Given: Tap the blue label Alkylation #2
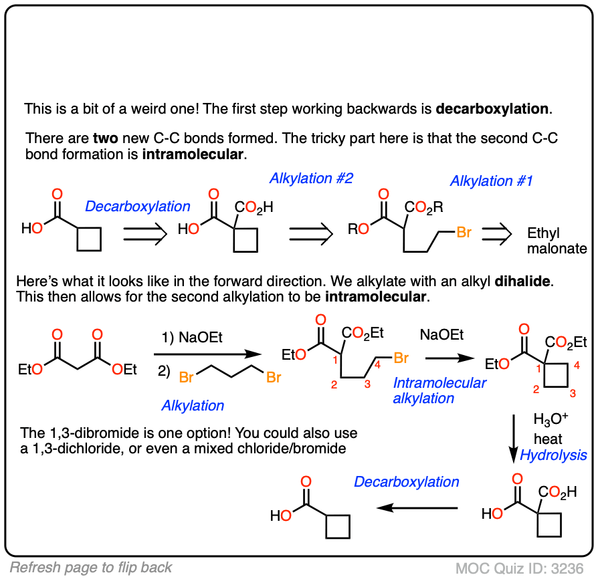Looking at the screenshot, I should [x=311, y=179].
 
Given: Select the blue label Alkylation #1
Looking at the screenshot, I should [x=492, y=181].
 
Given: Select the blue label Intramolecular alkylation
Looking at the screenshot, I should [x=439, y=390].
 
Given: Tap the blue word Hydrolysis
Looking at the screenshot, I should [x=554, y=455].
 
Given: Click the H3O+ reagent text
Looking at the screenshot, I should [x=551, y=421].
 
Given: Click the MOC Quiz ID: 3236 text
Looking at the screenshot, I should [x=522, y=568].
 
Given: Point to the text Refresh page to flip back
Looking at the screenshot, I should [x=92, y=568].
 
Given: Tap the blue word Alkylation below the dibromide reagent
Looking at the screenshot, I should [x=193, y=405].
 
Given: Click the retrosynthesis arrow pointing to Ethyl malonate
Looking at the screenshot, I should [x=496, y=233].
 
